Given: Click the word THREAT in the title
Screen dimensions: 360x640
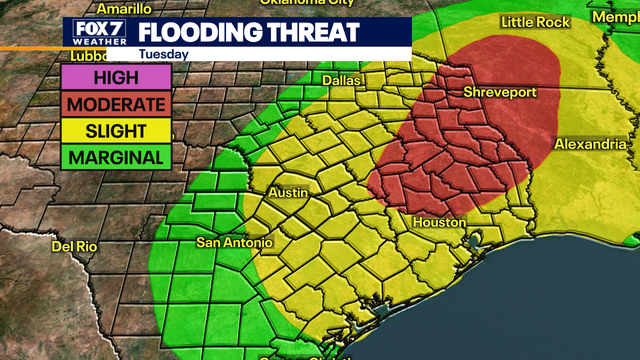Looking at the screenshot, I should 311,32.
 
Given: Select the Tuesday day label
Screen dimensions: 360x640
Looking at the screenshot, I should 166,54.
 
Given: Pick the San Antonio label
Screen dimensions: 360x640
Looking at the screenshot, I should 233,242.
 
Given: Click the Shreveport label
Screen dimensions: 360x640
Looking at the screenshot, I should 500,92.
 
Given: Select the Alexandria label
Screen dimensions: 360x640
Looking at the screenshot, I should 590,144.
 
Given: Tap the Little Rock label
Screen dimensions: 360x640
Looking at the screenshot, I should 533,21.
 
